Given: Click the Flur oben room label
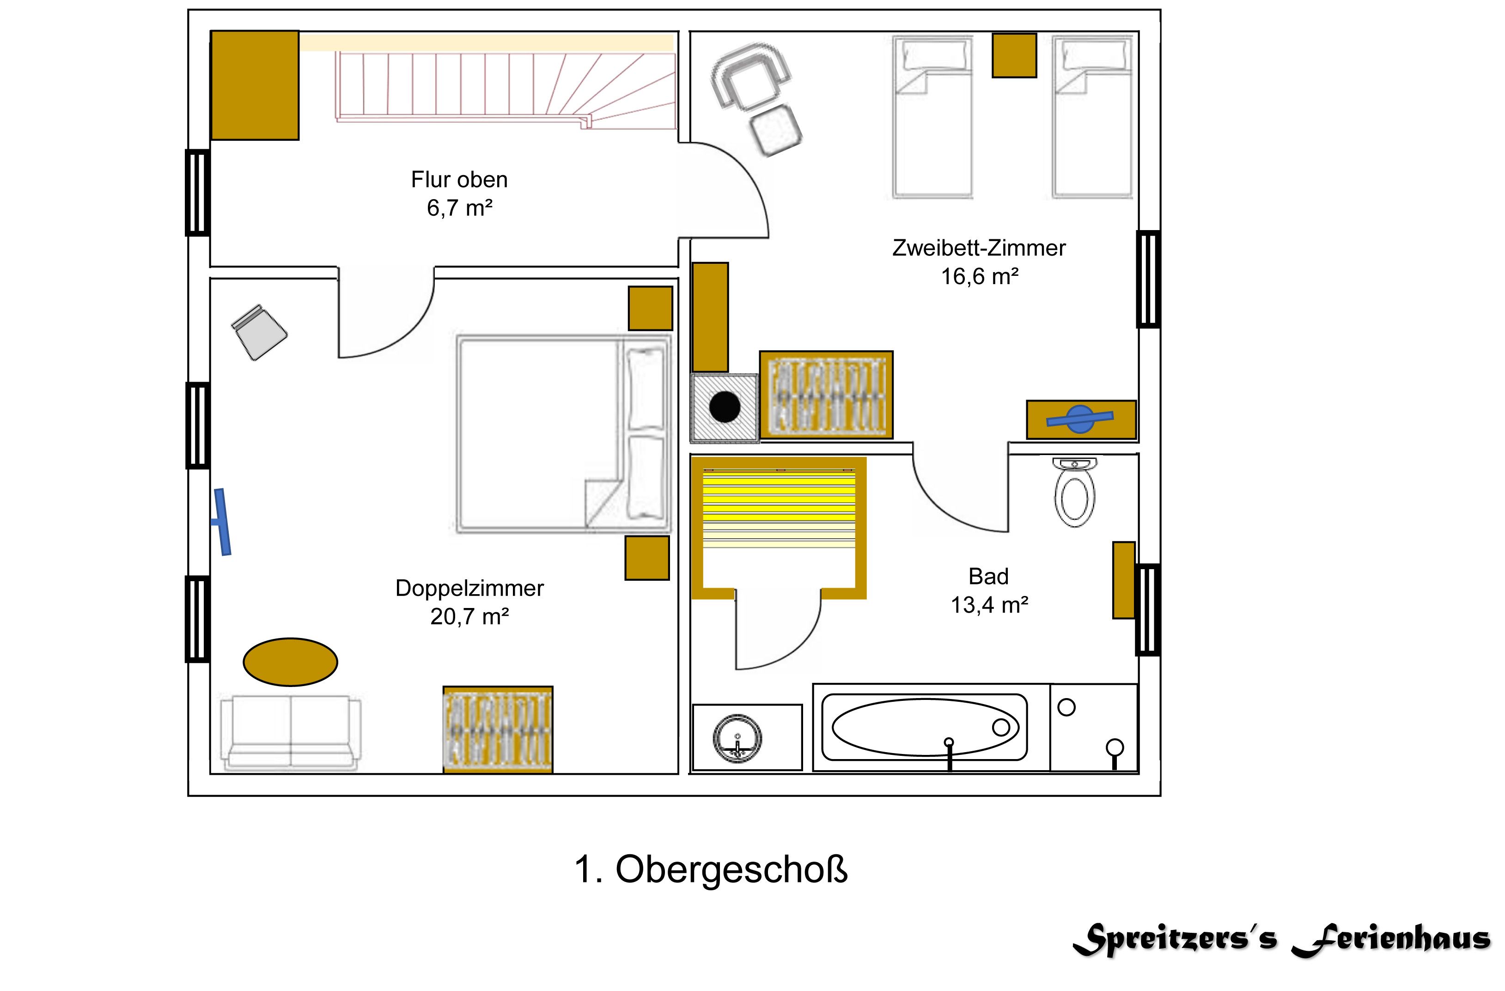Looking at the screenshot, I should [x=459, y=180].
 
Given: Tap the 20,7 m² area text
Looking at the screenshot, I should [x=469, y=617].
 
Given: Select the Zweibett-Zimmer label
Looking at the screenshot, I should [x=978, y=248].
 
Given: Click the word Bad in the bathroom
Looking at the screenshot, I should [x=988, y=577].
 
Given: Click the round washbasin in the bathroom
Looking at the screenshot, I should [x=737, y=738].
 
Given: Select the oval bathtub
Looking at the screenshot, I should [x=925, y=727].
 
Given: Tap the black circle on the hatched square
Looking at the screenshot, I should [x=725, y=408].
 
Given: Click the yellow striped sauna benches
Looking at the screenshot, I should [x=779, y=506].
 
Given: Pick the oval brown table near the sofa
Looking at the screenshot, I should [x=290, y=662].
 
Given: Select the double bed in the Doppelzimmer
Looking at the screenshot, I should [x=563, y=434].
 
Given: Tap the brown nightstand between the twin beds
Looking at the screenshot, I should [x=1014, y=55].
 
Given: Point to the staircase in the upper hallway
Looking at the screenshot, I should [x=506, y=89].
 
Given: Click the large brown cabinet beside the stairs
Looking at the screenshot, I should [x=254, y=85].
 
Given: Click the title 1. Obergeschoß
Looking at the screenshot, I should [x=711, y=869].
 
